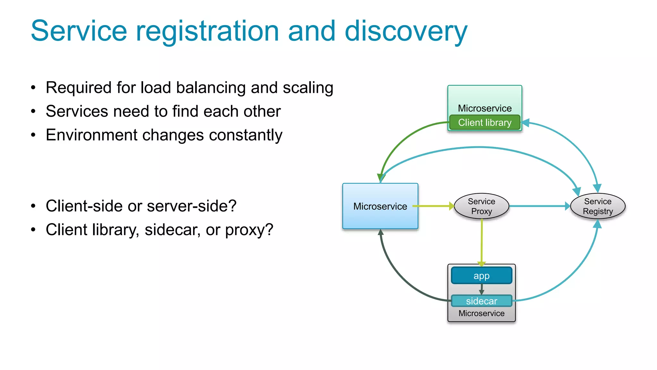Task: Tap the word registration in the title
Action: pyautogui.click(x=208, y=31)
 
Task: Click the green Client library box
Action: pyautogui.click(x=484, y=123)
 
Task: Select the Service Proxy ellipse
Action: pyautogui.click(x=482, y=206)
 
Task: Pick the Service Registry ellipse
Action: pyautogui.click(x=598, y=206)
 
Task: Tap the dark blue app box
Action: pyautogui.click(x=482, y=276)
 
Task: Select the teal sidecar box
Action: pyautogui.click(x=482, y=301)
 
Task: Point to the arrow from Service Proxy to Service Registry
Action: pyautogui.click(x=539, y=206)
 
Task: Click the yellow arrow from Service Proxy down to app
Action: pyautogui.click(x=482, y=241)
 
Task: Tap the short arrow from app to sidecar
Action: pyautogui.click(x=482, y=289)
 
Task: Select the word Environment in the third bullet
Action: pyautogui.click(x=93, y=135)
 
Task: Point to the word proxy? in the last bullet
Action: pyautogui.click(x=249, y=230)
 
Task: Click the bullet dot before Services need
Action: pyautogui.click(x=33, y=111)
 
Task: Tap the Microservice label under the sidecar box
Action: pyautogui.click(x=481, y=313)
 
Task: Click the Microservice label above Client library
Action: pyautogui.click(x=484, y=108)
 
